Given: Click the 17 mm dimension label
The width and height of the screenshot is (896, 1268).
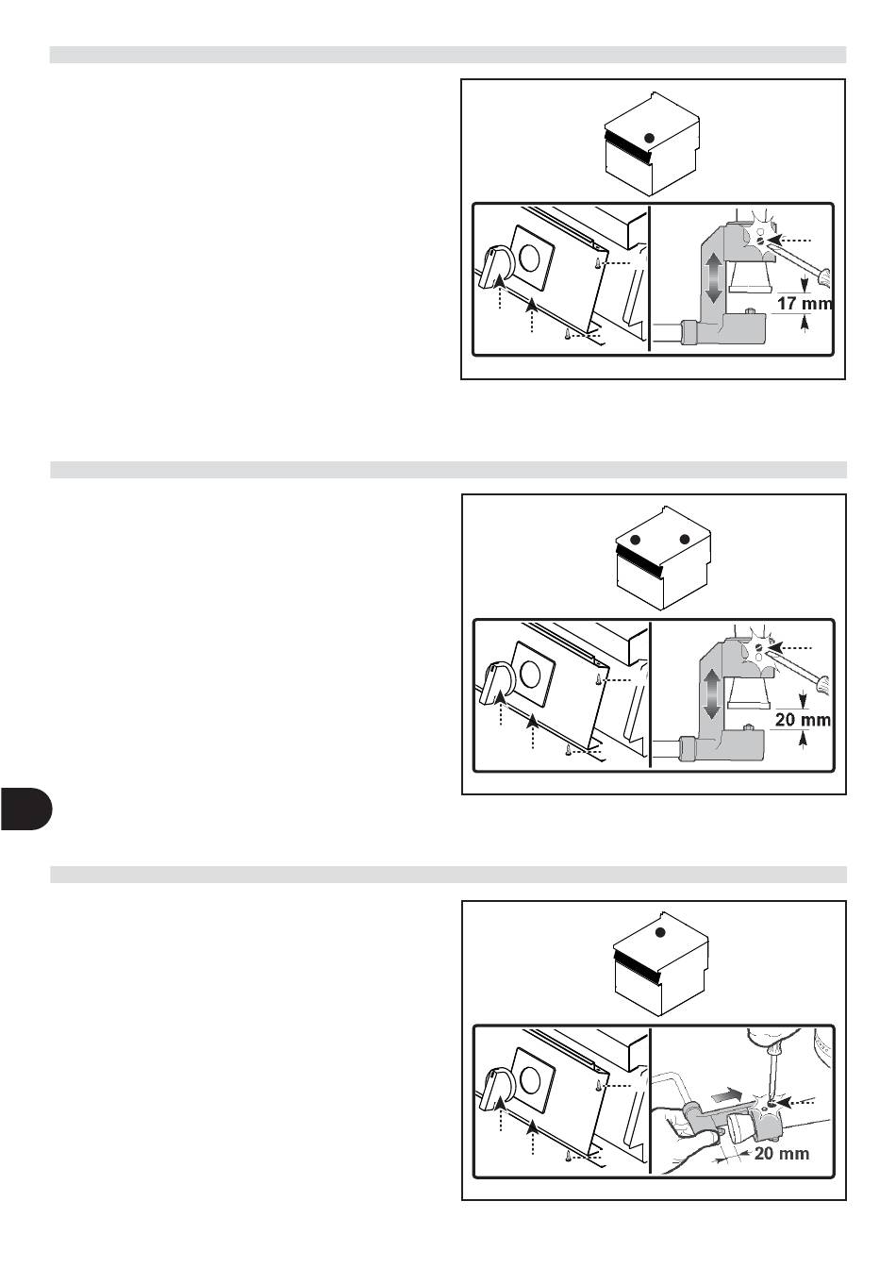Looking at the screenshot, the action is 805,304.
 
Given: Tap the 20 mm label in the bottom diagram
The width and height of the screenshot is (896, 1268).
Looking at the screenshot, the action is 782,1153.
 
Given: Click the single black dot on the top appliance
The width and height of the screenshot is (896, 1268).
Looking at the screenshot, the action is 650,138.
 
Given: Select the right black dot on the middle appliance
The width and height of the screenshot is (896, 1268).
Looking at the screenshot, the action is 685,539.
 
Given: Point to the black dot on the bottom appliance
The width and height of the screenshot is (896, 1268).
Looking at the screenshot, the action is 660,932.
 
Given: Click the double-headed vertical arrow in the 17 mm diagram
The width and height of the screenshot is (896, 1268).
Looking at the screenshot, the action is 713,277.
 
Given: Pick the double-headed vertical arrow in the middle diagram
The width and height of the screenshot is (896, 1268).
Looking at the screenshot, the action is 714,694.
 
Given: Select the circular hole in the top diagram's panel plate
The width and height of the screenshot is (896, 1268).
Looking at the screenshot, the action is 530,258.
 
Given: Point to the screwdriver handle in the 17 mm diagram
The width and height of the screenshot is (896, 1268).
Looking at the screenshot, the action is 823,276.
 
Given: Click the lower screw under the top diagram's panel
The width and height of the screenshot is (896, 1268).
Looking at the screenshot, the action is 566,335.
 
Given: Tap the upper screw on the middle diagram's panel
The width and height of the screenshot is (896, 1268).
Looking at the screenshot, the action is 600,678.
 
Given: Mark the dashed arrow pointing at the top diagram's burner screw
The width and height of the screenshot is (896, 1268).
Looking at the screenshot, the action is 790,240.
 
